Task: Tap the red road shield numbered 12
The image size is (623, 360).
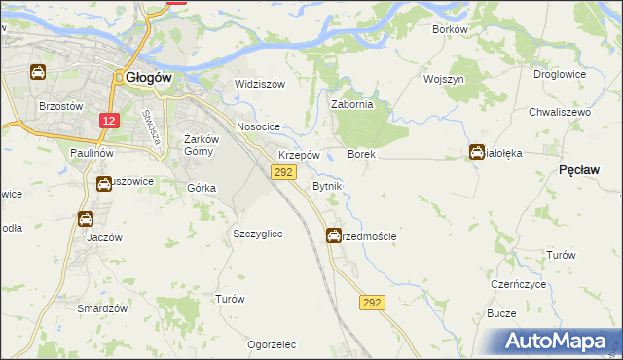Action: pos(110,121)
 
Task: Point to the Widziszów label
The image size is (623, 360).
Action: pos(259,84)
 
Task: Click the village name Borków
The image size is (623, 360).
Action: pos(450,29)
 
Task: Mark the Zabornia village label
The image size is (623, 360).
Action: pos(352,104)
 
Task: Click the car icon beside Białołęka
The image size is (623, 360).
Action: pos(477,152)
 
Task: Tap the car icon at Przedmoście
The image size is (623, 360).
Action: pos(334,234)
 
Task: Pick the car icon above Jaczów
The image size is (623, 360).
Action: pos(86,219)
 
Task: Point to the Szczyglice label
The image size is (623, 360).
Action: pos(258,234)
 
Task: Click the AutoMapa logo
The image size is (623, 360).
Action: pos(559,341)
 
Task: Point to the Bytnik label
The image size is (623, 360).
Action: pos(326,185)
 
